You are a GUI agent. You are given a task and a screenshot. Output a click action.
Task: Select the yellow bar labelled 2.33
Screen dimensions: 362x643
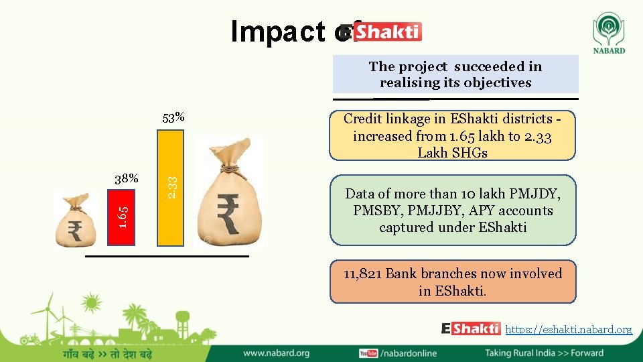[170, 188]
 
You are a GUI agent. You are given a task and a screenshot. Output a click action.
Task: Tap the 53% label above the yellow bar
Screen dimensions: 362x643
[173, 119]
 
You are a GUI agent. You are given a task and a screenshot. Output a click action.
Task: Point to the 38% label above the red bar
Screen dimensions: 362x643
[126, 179]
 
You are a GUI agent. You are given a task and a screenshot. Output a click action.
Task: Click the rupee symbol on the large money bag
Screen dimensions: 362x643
[229, 213]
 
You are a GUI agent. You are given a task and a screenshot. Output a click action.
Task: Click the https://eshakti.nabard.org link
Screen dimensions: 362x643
[569, 329]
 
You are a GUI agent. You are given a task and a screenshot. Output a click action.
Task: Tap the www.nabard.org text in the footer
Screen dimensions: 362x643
[276, 353]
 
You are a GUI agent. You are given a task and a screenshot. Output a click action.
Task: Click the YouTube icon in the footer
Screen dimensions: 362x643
[368, 353]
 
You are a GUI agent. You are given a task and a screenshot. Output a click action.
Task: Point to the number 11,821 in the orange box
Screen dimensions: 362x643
[362, 274]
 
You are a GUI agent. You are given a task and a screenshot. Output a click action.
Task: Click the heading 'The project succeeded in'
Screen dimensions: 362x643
[455, 66]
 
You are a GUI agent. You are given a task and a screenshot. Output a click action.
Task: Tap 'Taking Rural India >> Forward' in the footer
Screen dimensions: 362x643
[544, 353]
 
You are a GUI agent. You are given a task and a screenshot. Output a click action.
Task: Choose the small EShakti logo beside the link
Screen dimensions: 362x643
[471, 328]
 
